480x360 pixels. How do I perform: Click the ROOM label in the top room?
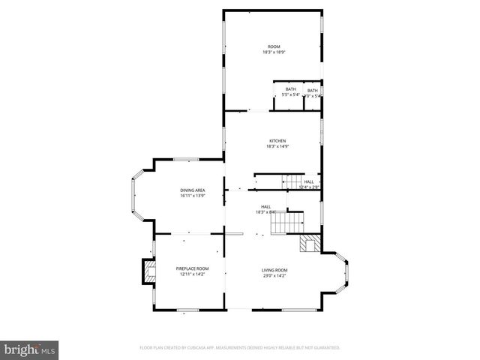pyautogui.click(x=274, y=46)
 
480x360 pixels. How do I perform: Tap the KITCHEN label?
pyautogui.click(x=278, y=141)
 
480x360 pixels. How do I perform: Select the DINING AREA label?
pyautogui.click(x=193, y=190)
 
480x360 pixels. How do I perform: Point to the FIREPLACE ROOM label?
pyautogui.click(x=192, y=268)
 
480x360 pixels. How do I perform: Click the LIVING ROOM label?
pyautogui.click(x=274, y=270)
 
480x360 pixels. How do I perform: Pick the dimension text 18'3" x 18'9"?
pyautogui.click(x=274, y=52)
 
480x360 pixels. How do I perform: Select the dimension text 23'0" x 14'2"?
pyautogui.click(x=274, y=275)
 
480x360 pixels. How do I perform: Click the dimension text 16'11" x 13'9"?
pyautogui.click(x=193, y=195)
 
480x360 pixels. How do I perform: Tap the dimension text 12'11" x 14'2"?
pyautogui.click(x=192, y=274)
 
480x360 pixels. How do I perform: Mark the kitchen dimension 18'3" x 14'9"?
pyautogui.click(x=278, y=146)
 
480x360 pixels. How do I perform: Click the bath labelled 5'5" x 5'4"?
pyautogui.click(x=290, y=92)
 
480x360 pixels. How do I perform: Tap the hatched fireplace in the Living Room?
pyautogui.click(x=309, y=244)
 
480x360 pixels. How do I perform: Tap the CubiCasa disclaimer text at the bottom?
pyautogui.click(x=240, y=348)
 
